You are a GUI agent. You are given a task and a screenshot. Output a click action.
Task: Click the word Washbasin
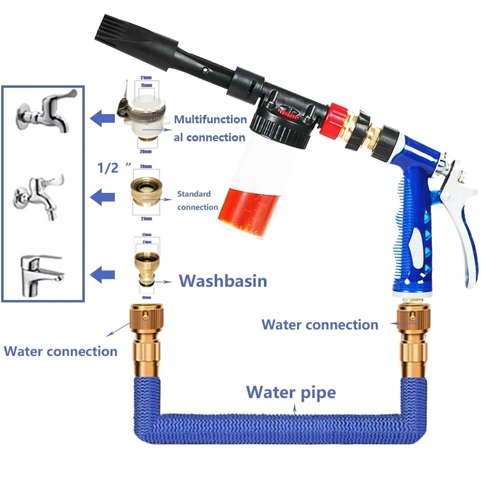222,281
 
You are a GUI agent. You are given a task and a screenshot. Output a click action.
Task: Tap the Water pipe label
291,393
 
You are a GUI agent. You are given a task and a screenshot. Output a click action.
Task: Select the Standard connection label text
197,201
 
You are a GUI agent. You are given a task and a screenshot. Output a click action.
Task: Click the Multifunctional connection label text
210,128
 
